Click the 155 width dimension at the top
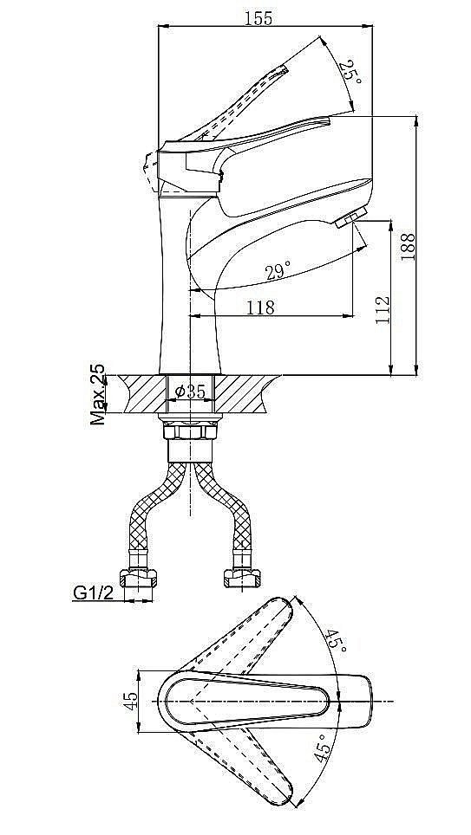[258, 18]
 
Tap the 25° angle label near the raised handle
[351, 71]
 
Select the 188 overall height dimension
[408, 247]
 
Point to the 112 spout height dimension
[382, 309]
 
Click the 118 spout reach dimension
[260, 307]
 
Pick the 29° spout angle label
[278, 272]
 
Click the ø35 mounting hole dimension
[190, 392]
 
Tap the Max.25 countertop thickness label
[98, 395]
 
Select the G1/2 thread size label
[94, 592]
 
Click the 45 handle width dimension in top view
[130, 700]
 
